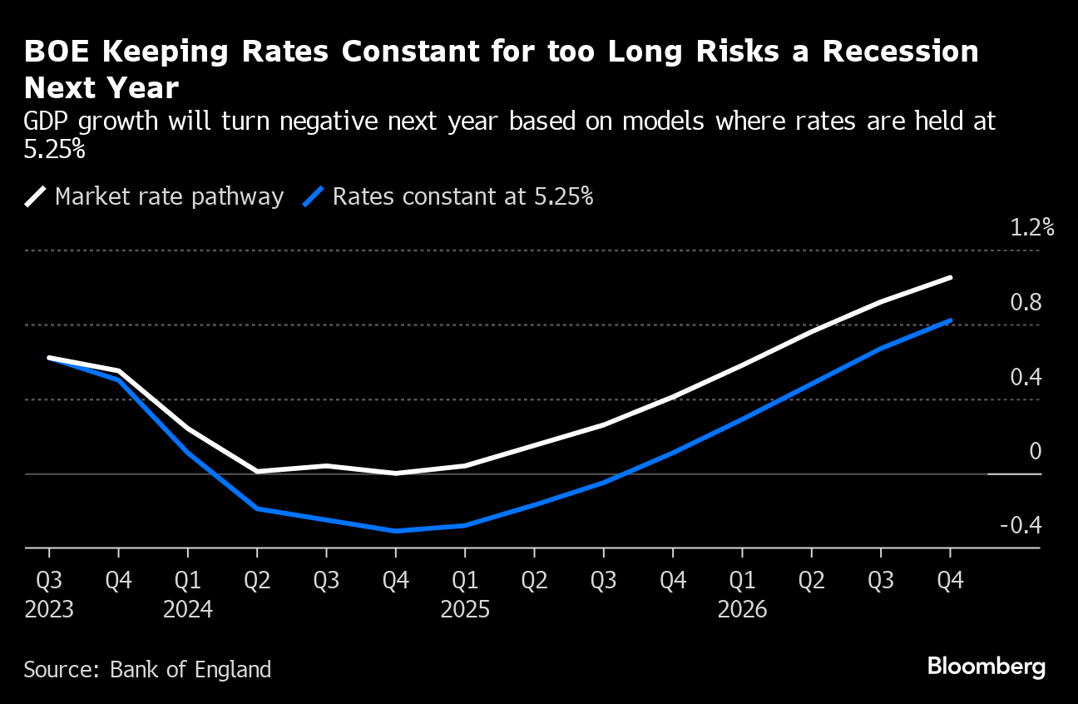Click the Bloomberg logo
coord(986,667)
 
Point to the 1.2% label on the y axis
coord(1031,228)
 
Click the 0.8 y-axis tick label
coord(1025,303)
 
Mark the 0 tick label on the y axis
coord(1035,451)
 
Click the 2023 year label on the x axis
coord(49,610)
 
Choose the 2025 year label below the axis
coord(465,610)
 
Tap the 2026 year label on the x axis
coord(742,610)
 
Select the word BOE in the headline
coord(54,52)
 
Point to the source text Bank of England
coord(191,669)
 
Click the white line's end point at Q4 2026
coord(950,278)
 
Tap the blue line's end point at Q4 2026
coord(950,320)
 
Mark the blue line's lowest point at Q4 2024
coord(396,530)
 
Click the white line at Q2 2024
coord(257,471)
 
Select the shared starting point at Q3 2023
coord(49,358)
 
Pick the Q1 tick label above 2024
coord(188,580)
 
